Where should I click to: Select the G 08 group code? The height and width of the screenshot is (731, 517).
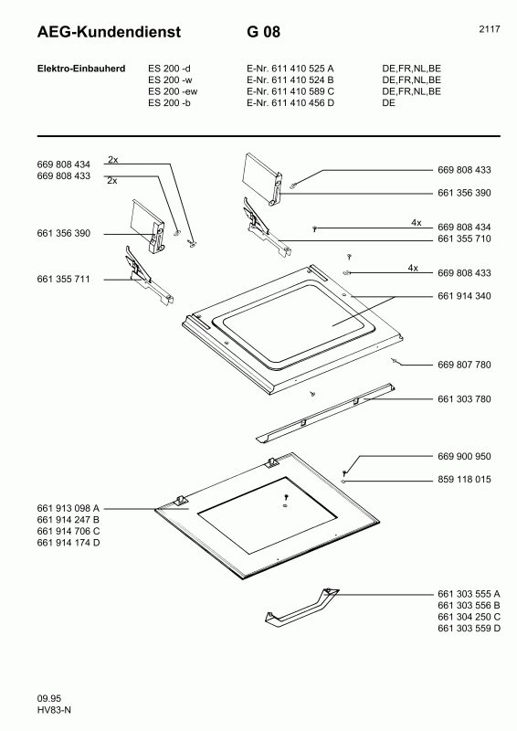pos(263,33)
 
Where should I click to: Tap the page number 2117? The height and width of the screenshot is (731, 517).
pos(489,30)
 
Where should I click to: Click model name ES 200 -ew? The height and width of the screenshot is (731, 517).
pos(173,91)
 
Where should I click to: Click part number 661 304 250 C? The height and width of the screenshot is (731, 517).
pos(469,617)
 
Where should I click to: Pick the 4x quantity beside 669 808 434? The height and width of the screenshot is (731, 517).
pos(416,222)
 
